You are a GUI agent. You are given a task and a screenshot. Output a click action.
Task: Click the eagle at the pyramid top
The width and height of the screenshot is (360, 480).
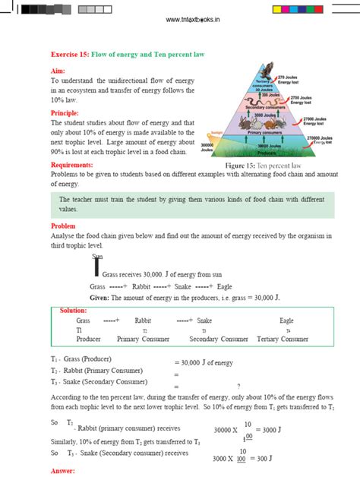pos(264,70)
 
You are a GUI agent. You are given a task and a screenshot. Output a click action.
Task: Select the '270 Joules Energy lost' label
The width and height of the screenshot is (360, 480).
pos(289,80)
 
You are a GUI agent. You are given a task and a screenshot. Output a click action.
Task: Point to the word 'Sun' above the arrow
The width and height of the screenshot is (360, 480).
pos(96,256)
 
